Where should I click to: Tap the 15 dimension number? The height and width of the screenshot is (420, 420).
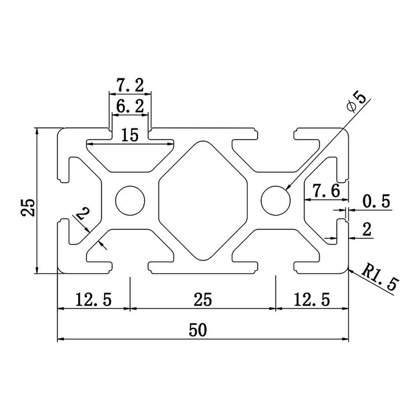point(129,135)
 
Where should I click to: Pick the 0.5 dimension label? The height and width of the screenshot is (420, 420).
point(376,202)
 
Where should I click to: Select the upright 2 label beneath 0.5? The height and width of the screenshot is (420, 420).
point(367,229)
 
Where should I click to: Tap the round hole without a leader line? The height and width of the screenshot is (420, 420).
point(130,200)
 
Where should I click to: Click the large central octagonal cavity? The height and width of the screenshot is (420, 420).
point(203,200)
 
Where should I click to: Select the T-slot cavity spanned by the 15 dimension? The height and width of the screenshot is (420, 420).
point(130,155)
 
